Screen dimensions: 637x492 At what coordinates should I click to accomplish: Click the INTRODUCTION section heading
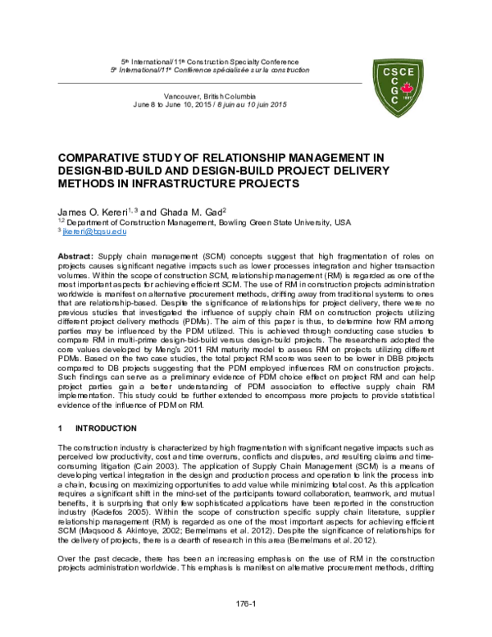(106, 428)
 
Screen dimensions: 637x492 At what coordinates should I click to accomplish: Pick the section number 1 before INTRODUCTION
(61, 428)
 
